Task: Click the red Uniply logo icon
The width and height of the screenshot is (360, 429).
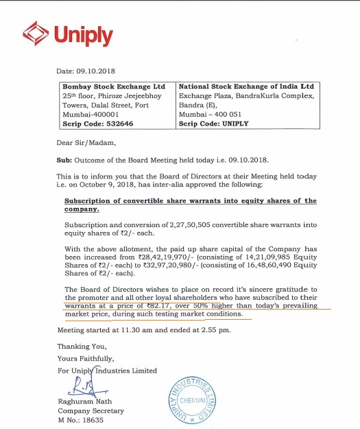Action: (35, 32)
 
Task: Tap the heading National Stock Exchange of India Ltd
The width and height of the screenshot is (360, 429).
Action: (245, 86)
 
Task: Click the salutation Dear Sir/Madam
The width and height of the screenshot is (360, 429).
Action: (86, 143)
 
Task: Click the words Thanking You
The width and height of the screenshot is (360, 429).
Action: (81, 347)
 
